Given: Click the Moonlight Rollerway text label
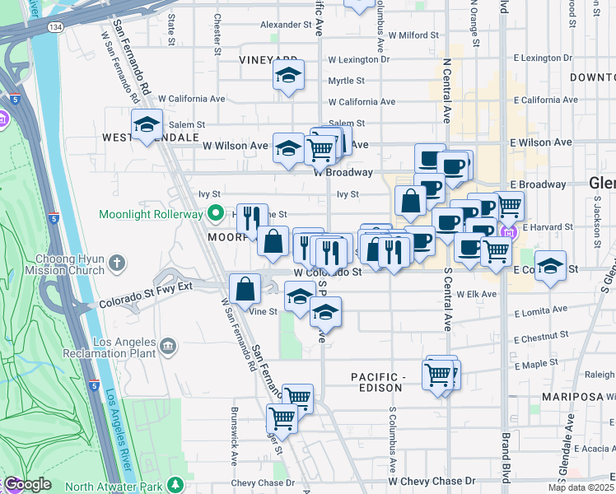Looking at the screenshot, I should (x=151, y=214).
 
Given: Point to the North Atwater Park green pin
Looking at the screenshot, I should (x=175, y=483).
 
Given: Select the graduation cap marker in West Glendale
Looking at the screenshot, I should (x=147, y=125).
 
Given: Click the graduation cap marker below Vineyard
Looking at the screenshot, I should (x=288, y=76).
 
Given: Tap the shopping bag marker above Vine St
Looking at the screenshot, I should (x=245, y=288).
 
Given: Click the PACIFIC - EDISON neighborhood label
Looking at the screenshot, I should (x=378, y=382).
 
